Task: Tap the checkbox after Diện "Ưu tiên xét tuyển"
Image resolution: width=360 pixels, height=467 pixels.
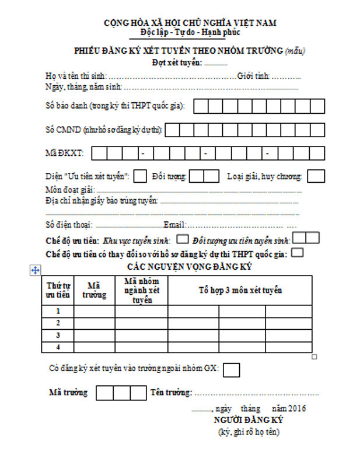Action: (140, 176)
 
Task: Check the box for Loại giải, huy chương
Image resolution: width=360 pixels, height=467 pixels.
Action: (316, 176)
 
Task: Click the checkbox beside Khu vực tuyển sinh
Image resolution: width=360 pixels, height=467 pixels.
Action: (183, 238)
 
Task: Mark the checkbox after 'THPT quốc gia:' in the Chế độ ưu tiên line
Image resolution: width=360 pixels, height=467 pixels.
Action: (297, 253)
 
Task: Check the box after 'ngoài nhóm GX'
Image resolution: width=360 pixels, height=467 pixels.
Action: (232, 370)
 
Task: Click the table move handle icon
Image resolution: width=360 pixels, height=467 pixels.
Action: (35, 270)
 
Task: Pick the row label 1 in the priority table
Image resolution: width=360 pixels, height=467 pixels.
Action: (58, 311)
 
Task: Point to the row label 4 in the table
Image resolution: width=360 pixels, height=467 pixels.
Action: (58, 347)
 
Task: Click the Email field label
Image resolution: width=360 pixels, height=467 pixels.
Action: (174, 225)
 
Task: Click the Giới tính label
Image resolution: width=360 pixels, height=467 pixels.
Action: (253, 76)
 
